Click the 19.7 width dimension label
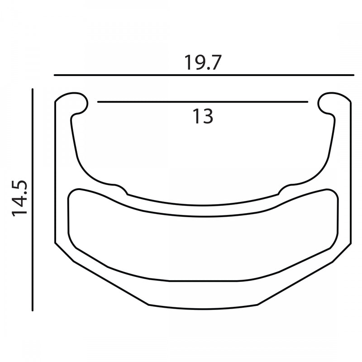pyautogui.click(x=202, y=62)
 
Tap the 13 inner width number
pyautogui.click(x=202, y=117)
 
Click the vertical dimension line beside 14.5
pyautogui.click(x=33, y=199)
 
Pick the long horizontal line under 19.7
pyautogui.click(x=204, y=75)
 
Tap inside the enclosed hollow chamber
pyautogui.click(x=204, y=244)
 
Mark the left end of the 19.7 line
pyautogui.click(x=54, y=75)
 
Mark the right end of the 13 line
pyautogui.click(x=308, y=102)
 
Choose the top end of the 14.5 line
pyautogui.click(x=33, y=90)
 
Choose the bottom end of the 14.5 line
pyautogui.click(x=33, y=310)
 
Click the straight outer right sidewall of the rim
pyautogui.click(x=351, y=172)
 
